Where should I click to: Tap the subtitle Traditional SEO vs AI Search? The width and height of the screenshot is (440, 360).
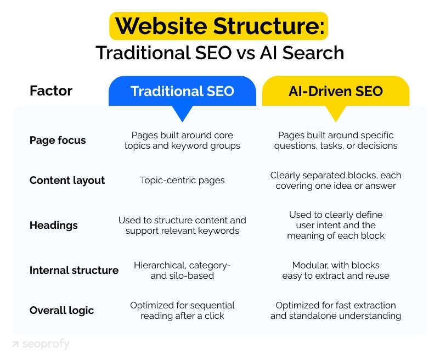[x=219, y=53]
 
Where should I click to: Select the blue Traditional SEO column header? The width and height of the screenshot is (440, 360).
[x=182, y=91]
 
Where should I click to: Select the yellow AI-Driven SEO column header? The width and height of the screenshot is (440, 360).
[x=336, y=91]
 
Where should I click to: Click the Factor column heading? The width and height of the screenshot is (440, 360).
[x=50, y=91]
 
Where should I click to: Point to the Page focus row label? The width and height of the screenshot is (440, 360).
[x=58, y=140]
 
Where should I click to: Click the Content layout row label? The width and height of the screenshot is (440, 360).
[x=67, y=181]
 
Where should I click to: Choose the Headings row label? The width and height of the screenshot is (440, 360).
[x=54, y=226]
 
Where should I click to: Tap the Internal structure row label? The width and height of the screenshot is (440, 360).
[x=74, y=270]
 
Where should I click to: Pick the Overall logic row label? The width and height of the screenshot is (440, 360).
[x=61, y=311]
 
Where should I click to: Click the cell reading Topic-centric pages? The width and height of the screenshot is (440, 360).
[x=182, y=181]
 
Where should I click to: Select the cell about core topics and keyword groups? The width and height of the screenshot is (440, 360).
[x=182, y=140]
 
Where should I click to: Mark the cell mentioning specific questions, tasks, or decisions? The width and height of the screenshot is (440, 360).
[x=336, y=140]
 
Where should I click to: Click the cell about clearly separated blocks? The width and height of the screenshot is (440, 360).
[x=336, y=181]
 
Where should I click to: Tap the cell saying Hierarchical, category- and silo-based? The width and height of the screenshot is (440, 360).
[x=182, y=270]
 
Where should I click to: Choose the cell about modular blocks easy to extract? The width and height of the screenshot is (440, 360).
[x=336, y=270]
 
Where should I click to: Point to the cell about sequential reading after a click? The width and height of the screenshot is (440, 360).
[x=182, y=311]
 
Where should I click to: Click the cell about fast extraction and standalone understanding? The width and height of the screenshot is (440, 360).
[x=336, y=311]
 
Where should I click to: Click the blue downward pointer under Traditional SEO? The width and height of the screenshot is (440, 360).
[x=182, y=113]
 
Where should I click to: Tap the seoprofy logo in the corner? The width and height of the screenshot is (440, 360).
[x=41, y=344]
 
